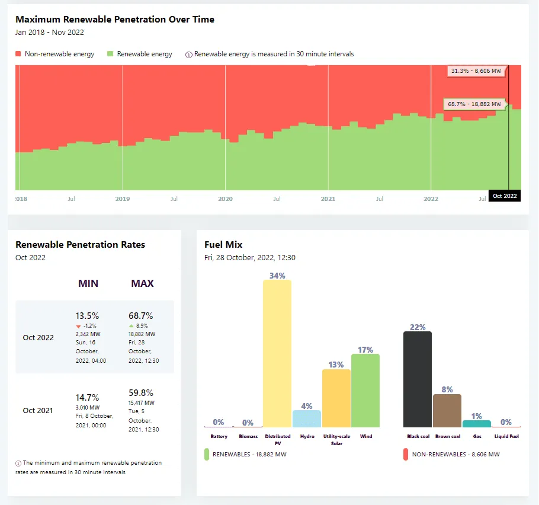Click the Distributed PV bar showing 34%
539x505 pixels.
tap(277, 353)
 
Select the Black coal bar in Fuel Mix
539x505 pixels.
tap(418, 379)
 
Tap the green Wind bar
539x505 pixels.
tap(365, 391)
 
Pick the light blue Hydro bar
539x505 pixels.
tap(307, 418)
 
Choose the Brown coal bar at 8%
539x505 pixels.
tap(447, 410)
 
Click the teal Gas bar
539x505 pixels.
tap(477, 424)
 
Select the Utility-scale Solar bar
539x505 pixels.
tap(336, 398)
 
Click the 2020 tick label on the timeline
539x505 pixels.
tap(225, 199)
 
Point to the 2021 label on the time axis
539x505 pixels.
tap(328, 199)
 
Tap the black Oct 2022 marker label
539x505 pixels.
tap(505, 196)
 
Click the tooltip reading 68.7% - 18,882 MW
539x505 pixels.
tap(474, 104)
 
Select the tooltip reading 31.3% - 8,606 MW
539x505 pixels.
tap(476, 71)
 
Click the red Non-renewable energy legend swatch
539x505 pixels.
tap(19, 54)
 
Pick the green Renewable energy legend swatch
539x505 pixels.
tap(110, 54)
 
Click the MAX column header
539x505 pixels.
tap(142, 283)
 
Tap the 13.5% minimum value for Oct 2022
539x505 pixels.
tap(87, 316)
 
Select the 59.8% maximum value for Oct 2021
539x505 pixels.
tap(140, 392)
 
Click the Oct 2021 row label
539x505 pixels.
tap(38, 410)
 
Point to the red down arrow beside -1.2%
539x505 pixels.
tap(78, 326)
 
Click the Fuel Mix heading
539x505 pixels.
tap(223, 244)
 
